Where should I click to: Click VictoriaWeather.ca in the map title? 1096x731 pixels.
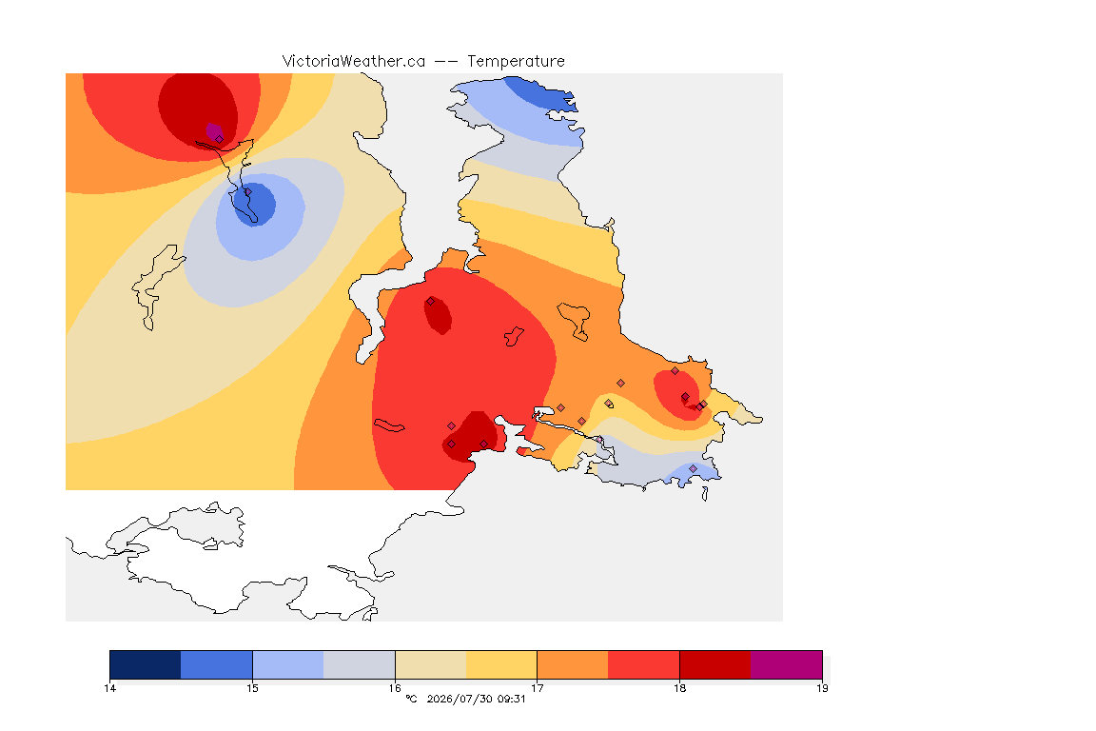(354, 62)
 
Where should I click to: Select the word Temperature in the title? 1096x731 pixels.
(516, 62)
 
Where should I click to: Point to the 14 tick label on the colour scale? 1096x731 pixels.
(109, 688)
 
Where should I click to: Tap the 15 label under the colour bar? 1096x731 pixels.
(252, 688)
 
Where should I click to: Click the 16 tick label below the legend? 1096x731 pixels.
(395, 688)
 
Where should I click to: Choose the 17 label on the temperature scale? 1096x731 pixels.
(537, 688)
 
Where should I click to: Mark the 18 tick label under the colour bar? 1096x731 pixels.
(679, 688)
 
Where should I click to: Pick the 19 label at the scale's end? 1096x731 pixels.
(822, 688)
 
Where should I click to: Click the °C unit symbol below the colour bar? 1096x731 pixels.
(411, 699)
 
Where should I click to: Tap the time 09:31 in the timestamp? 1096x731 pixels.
(510, 699)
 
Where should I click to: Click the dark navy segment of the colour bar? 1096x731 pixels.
(146, 664)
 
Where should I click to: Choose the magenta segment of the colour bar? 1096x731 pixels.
(787, 664)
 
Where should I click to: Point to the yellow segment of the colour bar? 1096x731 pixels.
(501, 664)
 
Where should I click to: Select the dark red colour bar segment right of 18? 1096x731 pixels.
(715, 664)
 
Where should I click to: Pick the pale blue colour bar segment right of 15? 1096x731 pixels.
(288, 664)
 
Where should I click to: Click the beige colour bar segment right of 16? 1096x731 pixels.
(431, 664)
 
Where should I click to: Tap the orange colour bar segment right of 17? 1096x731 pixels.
(573, 664)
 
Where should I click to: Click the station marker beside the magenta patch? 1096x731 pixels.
(220, 139)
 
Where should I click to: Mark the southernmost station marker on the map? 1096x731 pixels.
(693, 468)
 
